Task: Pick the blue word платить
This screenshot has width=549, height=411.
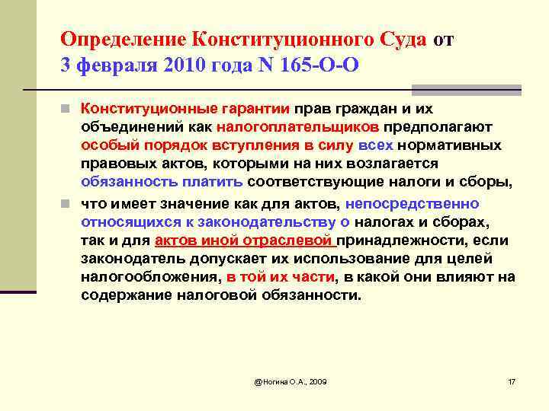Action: [213, 182]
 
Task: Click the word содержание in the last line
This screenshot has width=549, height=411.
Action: [124, 296]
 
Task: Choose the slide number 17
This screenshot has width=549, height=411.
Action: [512, 381]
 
